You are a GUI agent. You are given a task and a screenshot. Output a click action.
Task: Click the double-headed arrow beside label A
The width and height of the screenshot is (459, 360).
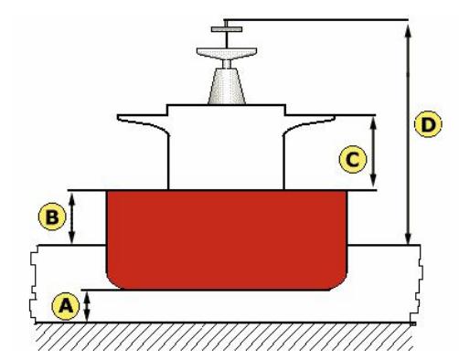click(x=87, y=306)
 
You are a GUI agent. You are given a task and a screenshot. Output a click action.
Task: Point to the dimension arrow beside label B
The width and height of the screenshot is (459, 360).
click(x=74, y=217)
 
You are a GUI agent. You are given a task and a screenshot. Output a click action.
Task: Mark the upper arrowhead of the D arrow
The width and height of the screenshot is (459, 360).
click(x=408, y=25)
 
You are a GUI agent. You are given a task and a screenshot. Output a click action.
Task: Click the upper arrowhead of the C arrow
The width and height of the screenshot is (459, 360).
click(x=373, y=122)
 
